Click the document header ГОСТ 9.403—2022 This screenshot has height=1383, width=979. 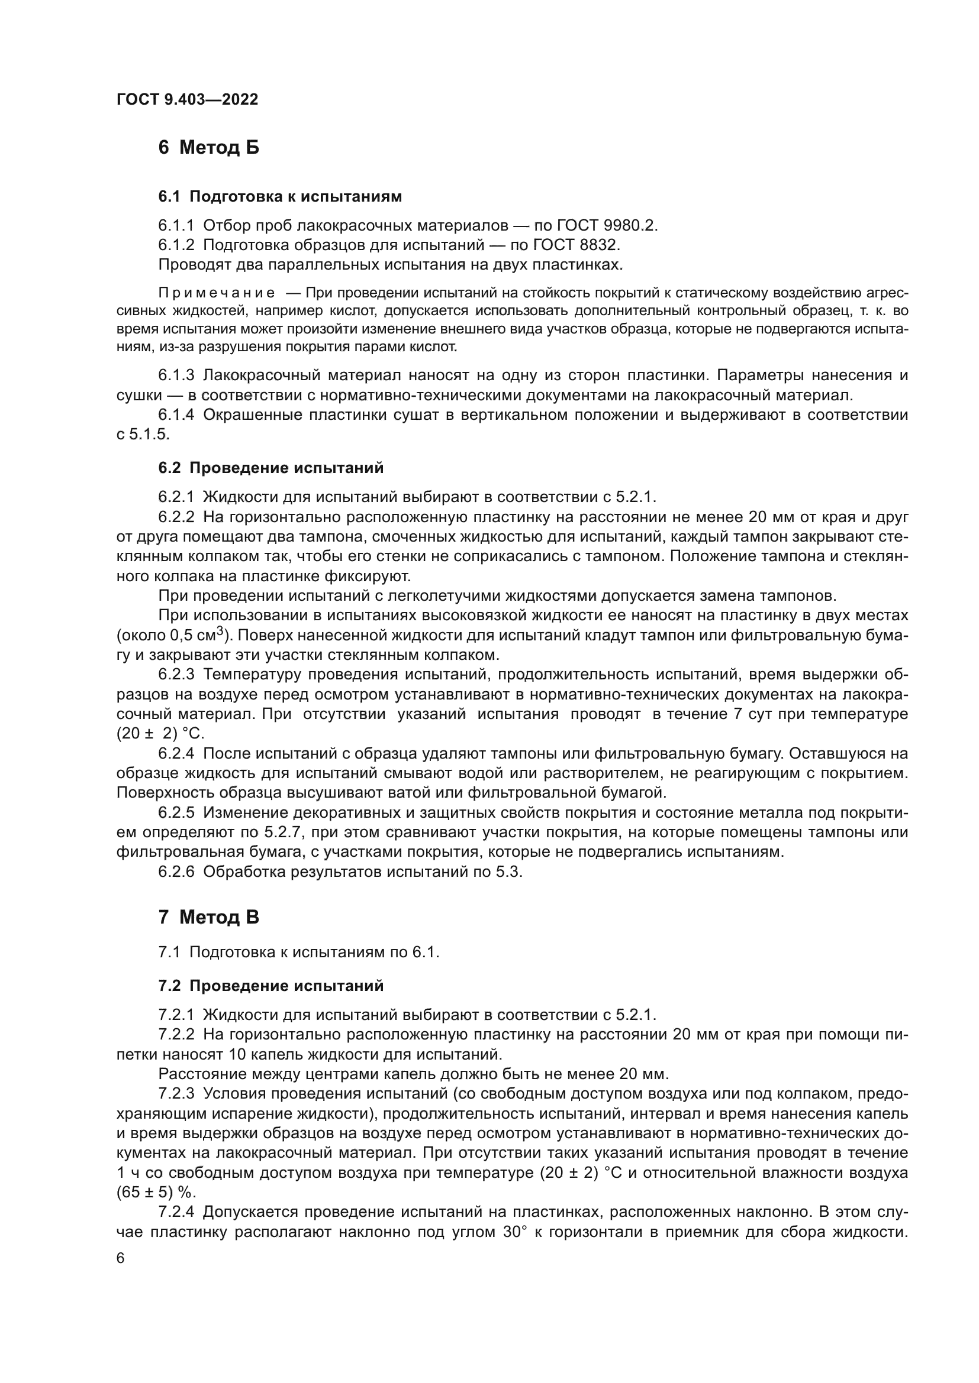coord(187,99)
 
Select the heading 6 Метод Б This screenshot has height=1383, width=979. coord(208,147)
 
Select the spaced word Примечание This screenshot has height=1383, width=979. coord(217,293)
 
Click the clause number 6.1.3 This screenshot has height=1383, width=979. coord(176,375)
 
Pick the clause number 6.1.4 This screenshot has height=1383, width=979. coord(176,415)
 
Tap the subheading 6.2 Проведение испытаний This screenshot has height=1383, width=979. coord(270,468)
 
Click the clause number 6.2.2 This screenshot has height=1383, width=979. coord(176,517)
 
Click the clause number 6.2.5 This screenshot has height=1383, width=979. coord(176,813)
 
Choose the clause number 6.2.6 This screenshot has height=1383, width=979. coord(176,872)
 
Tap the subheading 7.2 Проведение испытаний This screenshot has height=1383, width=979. coord(270,986)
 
